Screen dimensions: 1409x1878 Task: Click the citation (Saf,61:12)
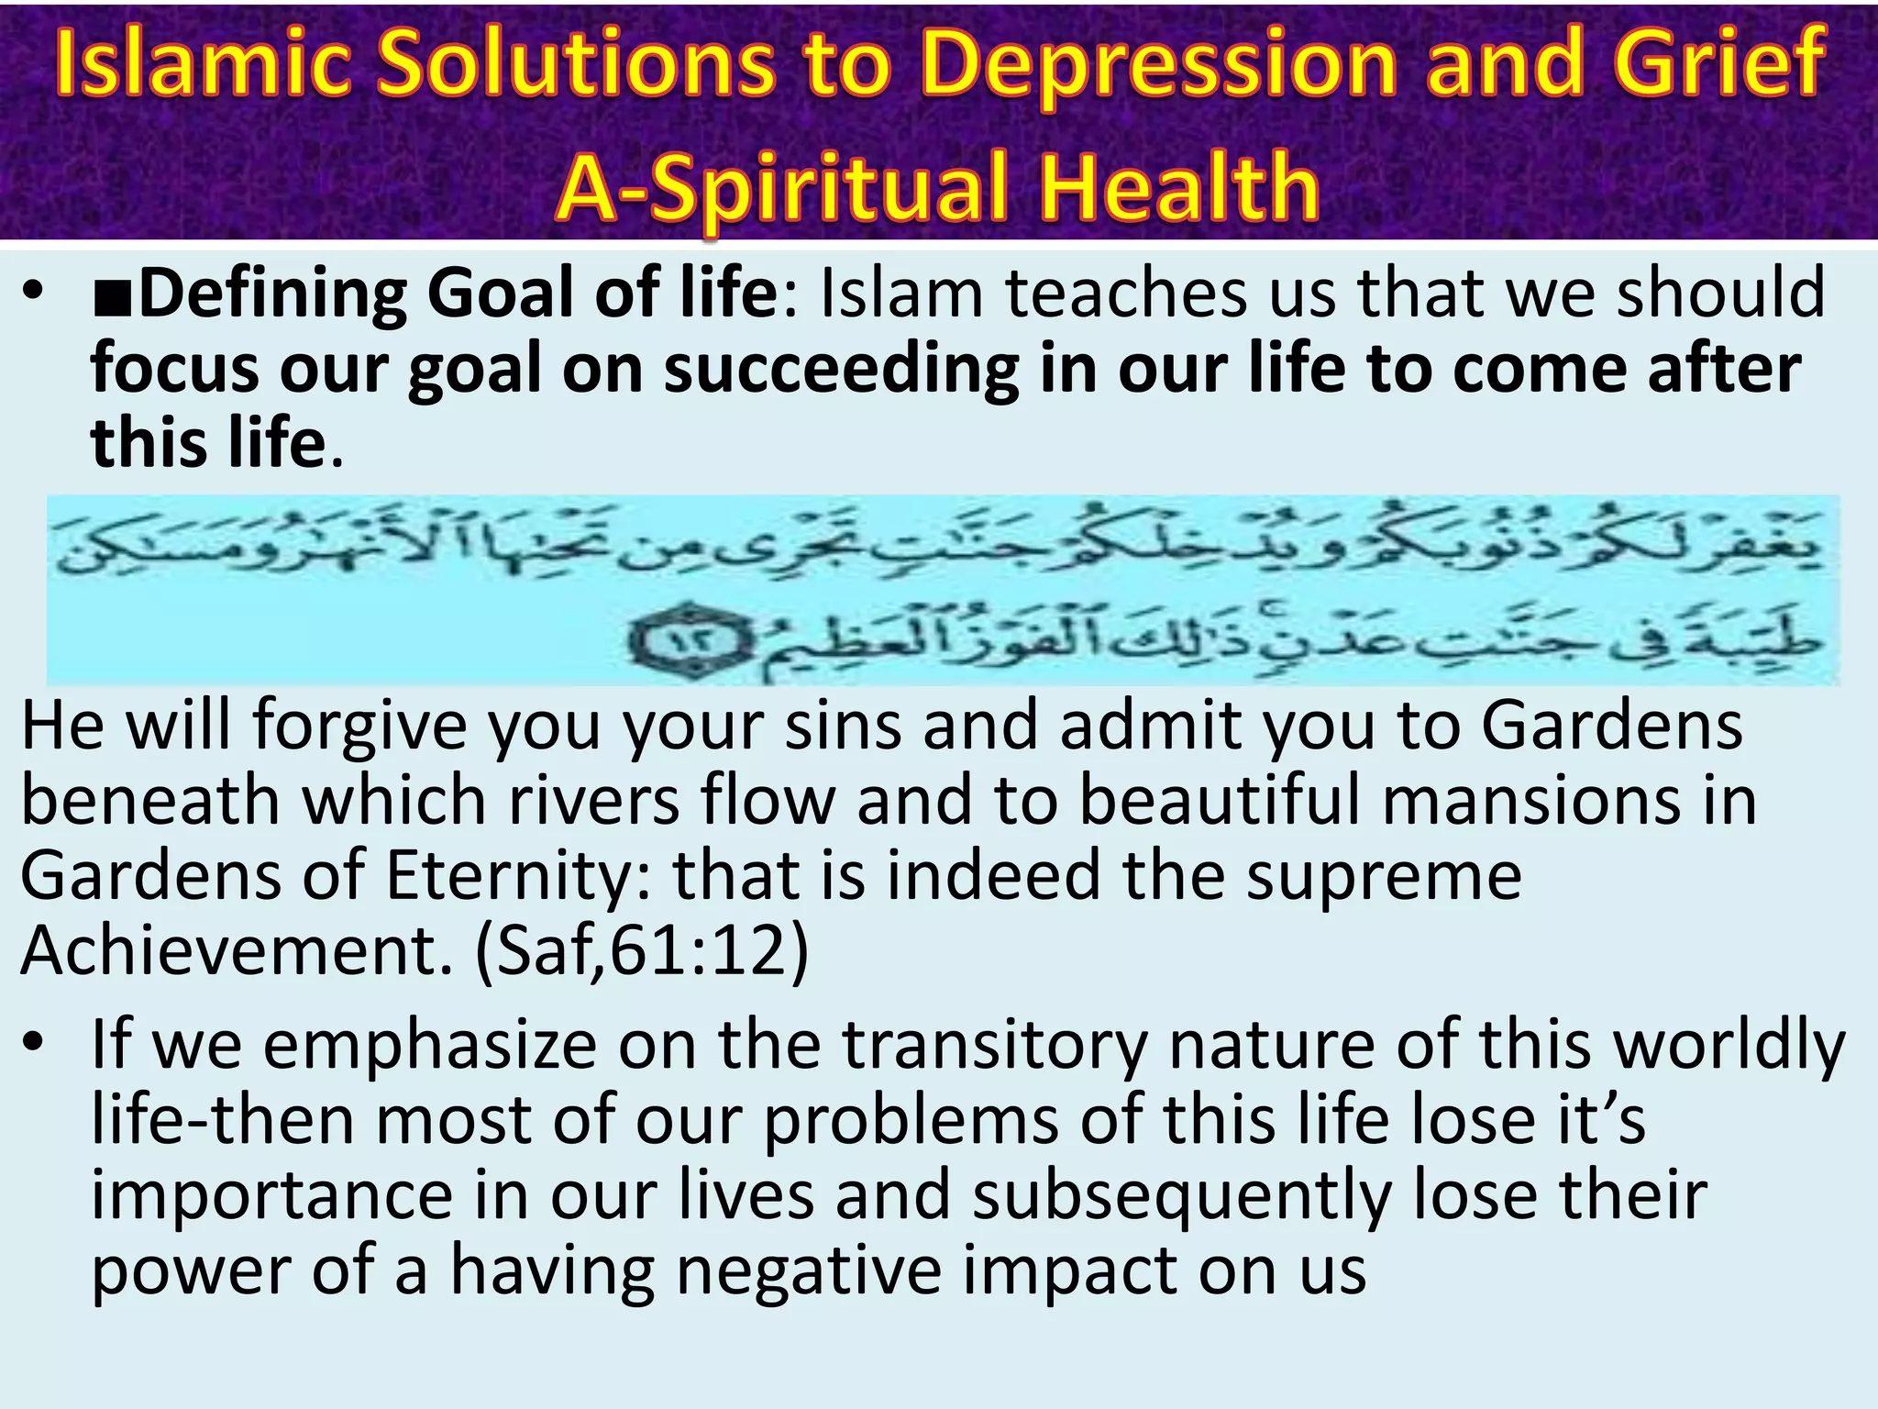point(642,950)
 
